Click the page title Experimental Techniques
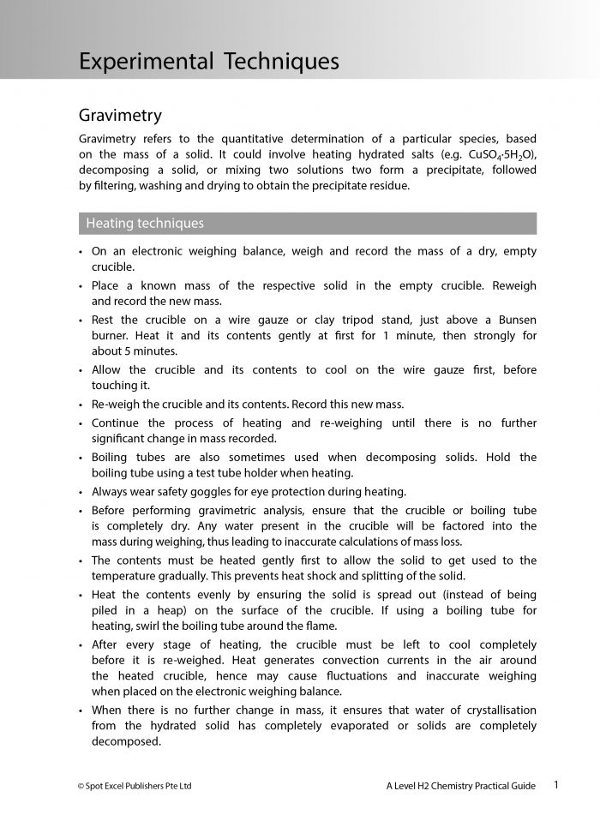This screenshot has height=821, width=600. coord(208,61)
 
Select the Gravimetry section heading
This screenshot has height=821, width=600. coord(120,115)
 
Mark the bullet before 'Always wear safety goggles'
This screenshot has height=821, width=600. coord(80,493)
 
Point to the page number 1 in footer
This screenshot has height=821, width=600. coord(556,784)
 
